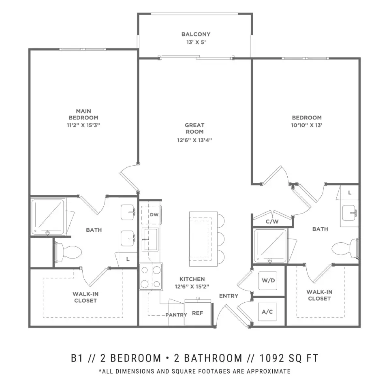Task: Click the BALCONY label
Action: click(x=196, y=34)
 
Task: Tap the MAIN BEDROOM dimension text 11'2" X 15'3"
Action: click(x=83, y=125)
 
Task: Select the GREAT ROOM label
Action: click(x=194, y=128)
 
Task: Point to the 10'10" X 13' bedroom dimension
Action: click(x=307, y=125)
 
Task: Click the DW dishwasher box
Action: click(x=154, y=215)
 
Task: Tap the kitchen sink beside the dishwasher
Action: click(x=150, y=239)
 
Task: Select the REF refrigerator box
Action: click(x=198, y=313)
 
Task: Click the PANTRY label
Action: click(x=176, y=315)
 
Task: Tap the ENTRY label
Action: click(x=229, y=296)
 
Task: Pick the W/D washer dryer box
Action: click(x=268, y=280)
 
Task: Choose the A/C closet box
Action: click(x=268, y=312)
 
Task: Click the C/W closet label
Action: click(x=272, y=222)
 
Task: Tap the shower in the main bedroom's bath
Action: click(x=48, y=216)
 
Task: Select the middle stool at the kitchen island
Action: click(x=220, y=237)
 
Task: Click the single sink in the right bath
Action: click(x=348, y=212)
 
